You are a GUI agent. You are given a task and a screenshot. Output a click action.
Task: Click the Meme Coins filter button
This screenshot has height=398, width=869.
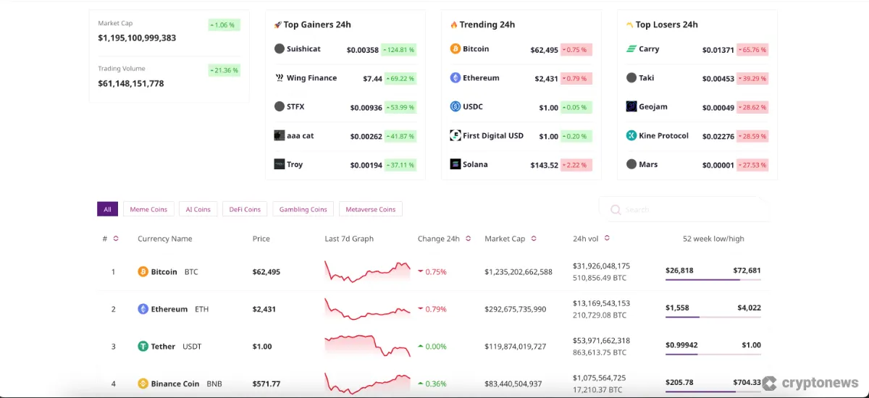[x=148, y=209]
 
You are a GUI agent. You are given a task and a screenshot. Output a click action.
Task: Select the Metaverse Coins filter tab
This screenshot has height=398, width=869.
[x=370, y=209]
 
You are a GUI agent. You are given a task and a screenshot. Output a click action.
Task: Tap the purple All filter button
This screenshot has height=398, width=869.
[x=107, y=209]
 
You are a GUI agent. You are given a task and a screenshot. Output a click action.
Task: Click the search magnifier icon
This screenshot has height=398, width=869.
[x=616, y=210]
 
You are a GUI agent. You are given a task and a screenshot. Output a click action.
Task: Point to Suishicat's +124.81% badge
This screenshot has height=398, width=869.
[x=400, y=50]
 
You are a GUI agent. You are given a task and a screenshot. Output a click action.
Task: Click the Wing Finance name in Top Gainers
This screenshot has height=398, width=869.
[x=311, y=78]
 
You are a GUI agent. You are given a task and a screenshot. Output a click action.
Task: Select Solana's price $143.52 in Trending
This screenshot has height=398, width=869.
[x=544, y=165]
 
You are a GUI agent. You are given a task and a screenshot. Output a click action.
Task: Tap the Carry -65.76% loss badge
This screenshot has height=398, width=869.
[x=752, y=50]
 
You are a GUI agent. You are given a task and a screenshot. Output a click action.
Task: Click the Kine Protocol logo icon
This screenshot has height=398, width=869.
[x=631, y=135]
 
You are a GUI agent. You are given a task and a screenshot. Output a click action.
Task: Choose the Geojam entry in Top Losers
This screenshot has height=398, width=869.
[x=652, y=106]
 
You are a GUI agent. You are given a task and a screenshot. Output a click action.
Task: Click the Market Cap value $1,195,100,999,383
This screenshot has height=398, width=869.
[x=137, y=38]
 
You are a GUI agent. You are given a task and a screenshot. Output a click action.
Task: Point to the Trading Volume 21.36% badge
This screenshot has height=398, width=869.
[x=224, y=70]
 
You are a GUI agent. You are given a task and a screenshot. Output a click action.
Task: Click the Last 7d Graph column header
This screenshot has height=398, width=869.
[x=349, y=239]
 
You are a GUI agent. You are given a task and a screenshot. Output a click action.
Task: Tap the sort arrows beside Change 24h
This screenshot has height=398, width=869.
[x=468, y=239]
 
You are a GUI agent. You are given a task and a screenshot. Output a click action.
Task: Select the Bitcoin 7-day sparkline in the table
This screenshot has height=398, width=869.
[x=367, y=272]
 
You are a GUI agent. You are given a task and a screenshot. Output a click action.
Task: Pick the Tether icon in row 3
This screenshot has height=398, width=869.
[x=143, y=347]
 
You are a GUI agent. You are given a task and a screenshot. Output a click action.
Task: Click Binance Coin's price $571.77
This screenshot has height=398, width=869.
[x=266, y=384]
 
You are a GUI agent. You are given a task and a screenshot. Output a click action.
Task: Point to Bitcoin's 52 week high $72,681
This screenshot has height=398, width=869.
[x=747, y=271]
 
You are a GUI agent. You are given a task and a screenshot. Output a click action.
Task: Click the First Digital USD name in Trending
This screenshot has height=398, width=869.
[x=492, y=135]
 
